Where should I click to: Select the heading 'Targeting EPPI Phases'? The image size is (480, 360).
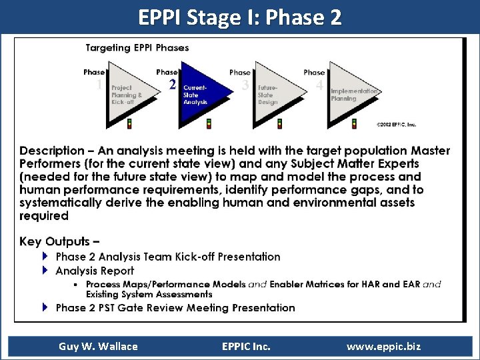(x=137, y=48)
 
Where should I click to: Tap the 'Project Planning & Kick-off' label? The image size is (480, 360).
(x=127, y=95)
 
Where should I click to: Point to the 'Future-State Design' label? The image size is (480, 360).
(x=268, y=95)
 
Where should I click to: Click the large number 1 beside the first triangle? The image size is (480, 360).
(x=99, y=85)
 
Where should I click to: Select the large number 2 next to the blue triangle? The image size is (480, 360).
(x=173, y=85)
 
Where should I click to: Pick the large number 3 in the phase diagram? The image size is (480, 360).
(x=246, y=85)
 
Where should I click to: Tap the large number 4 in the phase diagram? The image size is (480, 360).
(x=320, y=85)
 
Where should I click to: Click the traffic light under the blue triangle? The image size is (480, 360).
(x=209, y=123)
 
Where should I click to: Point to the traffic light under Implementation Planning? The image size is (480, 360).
(x=353, y=123)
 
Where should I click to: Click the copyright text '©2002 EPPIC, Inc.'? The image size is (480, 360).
(x=396, y=124)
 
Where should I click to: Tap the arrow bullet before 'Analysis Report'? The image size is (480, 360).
(x=45, y=271)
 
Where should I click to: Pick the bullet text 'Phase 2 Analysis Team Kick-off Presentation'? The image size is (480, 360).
(x=168, y=257)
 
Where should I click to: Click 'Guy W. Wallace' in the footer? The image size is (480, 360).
(x=98, y=346)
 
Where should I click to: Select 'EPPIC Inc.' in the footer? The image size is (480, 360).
(x=246, y=346)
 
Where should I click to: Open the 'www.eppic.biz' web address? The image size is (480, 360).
(x=383, y=346)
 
